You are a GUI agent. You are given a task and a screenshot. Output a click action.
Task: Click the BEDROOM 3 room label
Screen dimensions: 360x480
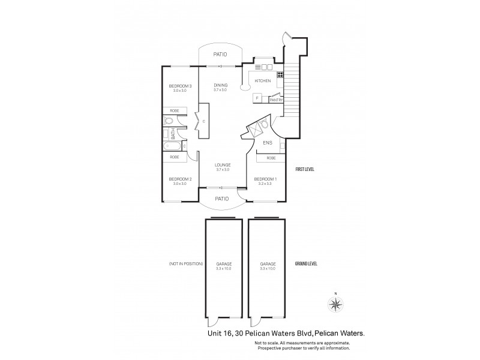click(x=179, y=86)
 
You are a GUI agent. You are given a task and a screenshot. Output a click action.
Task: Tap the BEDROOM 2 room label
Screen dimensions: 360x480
click(x=179, y=179)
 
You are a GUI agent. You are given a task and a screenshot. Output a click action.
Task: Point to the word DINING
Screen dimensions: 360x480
click(x=220, y=85)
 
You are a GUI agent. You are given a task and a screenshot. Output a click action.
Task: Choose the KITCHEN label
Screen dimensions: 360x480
click(x=263, y=80)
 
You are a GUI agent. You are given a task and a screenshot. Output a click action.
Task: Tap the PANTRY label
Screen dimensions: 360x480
click(x=276, y=100)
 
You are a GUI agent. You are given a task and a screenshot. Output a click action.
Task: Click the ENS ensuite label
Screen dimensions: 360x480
click(x=268, y=143)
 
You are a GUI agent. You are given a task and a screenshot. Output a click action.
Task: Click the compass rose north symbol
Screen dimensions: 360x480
click(x=335, y=304)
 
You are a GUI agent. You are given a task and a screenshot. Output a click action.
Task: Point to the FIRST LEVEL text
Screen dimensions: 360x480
click(x=305, y=170)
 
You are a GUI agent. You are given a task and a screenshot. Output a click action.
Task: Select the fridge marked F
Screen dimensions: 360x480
click(x=257, y=97)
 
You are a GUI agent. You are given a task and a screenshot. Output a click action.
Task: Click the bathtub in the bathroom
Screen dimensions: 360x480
click(x=173, y=146)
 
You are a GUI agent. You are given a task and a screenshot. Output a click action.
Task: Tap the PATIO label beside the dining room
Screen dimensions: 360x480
click(x=220, y=55)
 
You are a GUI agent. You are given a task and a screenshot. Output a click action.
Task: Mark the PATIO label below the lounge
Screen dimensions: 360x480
click(x=222, y=199)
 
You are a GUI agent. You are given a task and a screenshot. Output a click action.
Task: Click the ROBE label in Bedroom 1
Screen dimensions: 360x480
click(x=271, y=158)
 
